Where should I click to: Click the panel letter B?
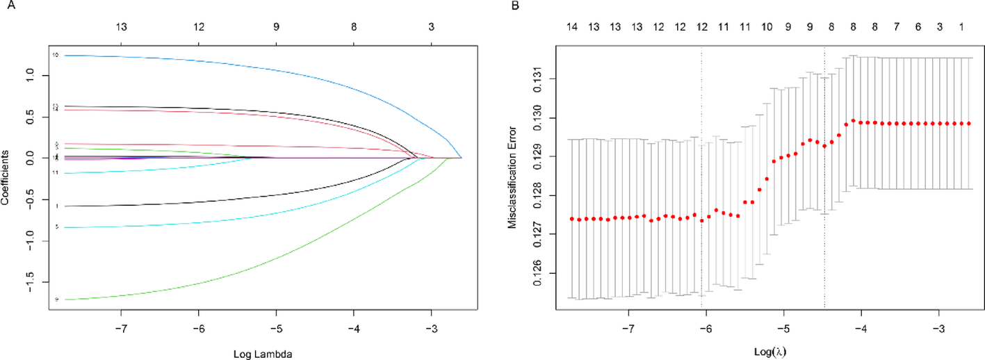pyautogui.click(x=515, y=6)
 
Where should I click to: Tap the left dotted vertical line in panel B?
pyautogui.click(x=701, y=174)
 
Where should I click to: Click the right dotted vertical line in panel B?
pyautogui.click(x=824, y=174)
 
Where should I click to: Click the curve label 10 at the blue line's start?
pyautogui.click(x=55, y=55)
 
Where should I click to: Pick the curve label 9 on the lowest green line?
pyautogui.click(x=56, y=300)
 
